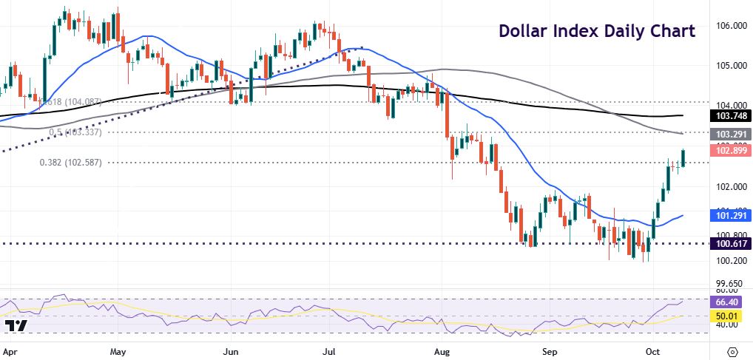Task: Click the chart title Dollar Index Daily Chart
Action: pyautogui.click(x=596, y=31)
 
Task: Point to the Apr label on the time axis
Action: pyautogui.click(x=11, y=347)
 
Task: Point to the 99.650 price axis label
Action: pyautogui.click(x=728, y=283)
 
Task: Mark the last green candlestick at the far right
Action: pyautogui.click(x=683, y=157)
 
